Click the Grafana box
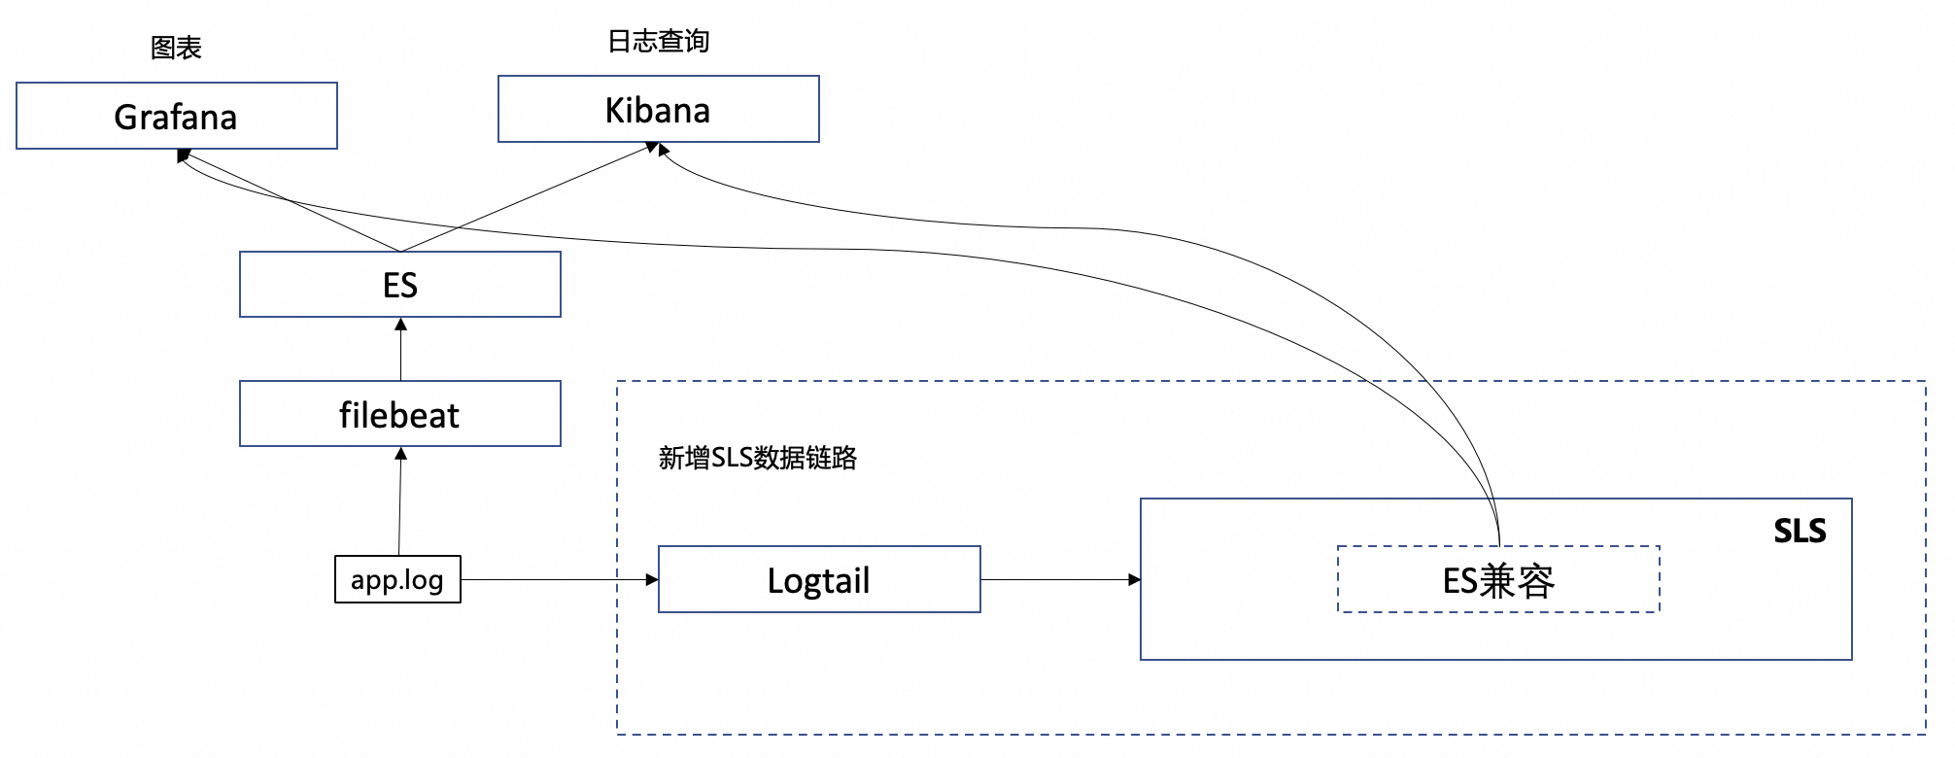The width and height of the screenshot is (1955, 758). click(x=177, y=116)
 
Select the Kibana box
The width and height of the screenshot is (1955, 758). click(x=658, y=109)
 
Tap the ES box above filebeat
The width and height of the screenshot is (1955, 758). click(x=399, y=285)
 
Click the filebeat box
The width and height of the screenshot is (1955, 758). click(x=399, y=414)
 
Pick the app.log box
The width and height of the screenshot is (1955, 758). click(x=397, y=579)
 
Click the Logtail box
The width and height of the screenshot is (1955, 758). click(x=818, y=579)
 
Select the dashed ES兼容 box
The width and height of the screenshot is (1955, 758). click(x=1497, y=580)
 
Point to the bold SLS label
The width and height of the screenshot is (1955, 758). click(x=1799, y=531)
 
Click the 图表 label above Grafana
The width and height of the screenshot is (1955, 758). click(x=176, y=48)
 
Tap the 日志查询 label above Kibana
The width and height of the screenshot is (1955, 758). click(x=658, y=41)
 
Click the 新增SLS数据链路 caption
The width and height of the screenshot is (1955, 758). click(x=757, y=458)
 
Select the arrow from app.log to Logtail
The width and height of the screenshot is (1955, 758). click(x=554, y=579)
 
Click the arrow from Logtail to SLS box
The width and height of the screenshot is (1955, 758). click(x=1059, y=579)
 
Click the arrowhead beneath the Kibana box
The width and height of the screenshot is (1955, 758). click(x=656, y=149)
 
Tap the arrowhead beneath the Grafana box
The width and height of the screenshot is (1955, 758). click(x=184, y=155)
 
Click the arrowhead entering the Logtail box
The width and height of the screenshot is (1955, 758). click(x=652, y=579)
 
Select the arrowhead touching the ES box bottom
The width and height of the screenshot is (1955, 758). click(x=400, y=324)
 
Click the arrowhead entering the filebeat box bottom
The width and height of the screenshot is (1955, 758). click(x=400, y=453)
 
